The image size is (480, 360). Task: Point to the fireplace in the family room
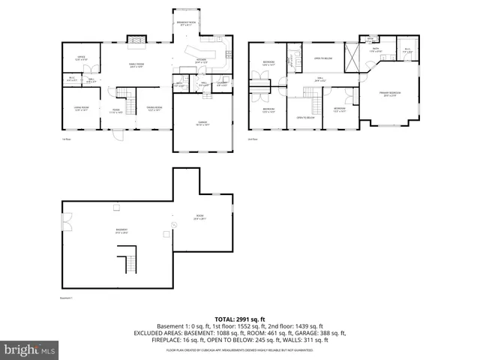[x=135, y=40]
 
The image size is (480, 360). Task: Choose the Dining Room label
[x=154, y=109]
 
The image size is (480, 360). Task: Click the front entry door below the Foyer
[x=117, y=136]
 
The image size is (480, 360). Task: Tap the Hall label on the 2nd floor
[x=319, y=79]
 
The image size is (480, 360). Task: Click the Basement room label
[x=121, y=230]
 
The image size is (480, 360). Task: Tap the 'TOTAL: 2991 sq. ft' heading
[x=239, y=319]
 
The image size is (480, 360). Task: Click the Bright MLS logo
[x=29, y=349]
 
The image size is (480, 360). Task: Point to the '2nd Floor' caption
[x=253, y=139]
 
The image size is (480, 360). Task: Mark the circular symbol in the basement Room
[x=174, y=223]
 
